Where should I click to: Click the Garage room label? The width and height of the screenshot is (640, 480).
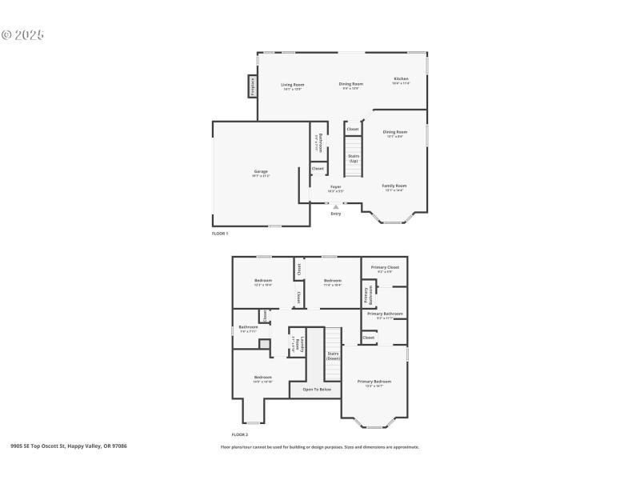[x=261, y=171]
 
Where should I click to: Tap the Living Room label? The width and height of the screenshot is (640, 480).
[x=292, y=85]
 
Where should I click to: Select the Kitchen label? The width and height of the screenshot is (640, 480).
[x=401, y=79]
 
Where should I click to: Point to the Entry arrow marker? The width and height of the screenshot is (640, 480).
[x=336, y=206]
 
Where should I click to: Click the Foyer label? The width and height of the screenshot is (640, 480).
[x=336, y=186]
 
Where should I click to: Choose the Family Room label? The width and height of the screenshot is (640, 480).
[x=394, y=186]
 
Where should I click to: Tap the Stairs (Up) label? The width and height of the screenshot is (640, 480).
[x=354, y=158]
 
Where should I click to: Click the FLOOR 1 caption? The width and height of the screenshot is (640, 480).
[x=220, y=234]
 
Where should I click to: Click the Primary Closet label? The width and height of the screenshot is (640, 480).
[x=385, y=267]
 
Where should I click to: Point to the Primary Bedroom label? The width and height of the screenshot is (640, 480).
[x=374, y=382]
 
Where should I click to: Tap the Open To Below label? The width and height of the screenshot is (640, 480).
[x=317, y=390]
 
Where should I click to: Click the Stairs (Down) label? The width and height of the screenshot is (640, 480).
[x=333, y=355]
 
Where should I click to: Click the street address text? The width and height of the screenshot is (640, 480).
[x=69, y=446]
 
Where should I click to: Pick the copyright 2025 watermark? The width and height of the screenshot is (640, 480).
[x=22, y=35]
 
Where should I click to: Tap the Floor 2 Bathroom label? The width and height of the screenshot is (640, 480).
[x=248, y=326]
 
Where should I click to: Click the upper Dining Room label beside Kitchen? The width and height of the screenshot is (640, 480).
[x=351, y=84]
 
